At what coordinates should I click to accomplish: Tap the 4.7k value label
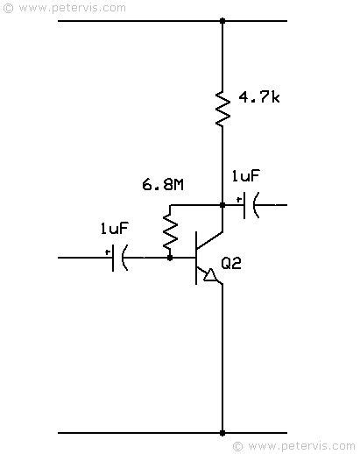coord(258,96)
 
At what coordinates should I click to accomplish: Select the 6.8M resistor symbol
coord(170,231)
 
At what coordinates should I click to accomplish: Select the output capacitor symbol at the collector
coord(249,205)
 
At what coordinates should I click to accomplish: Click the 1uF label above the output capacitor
coord(246,176)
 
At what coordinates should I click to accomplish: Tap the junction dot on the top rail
coord(222,19)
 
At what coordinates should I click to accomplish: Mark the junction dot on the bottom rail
coord(222,432)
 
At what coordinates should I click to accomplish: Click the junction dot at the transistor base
coord(170,258)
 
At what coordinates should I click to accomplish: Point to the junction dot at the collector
coord(222,205)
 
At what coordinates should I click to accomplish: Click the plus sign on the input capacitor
coord(108,252)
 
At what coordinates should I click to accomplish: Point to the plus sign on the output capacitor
coord(238,198)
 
